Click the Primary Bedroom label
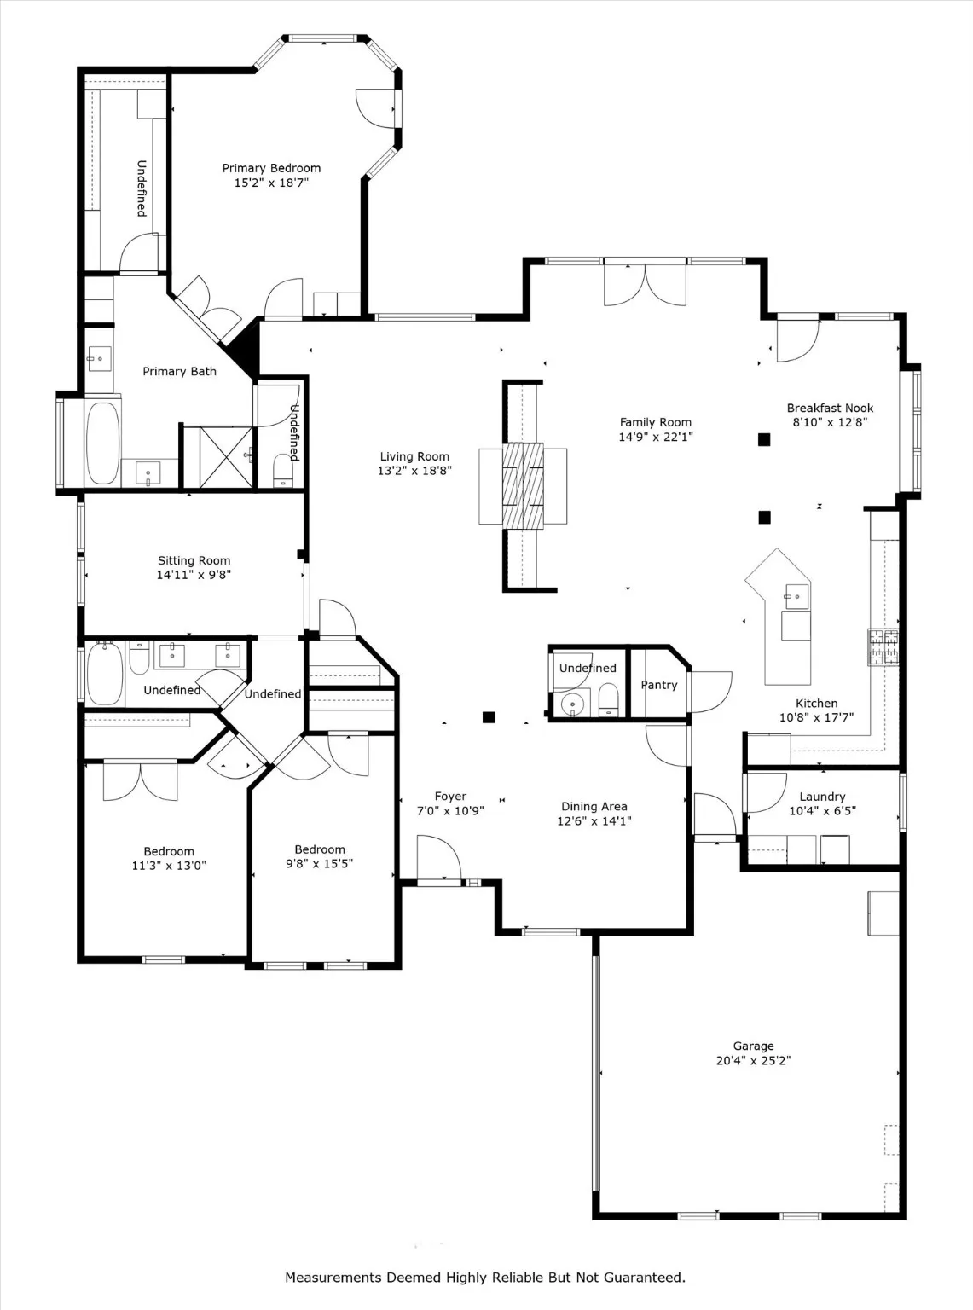tap(271, 168)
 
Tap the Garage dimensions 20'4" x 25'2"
tap(753, 1061)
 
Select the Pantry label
tap(658, 685)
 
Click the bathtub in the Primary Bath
tap(103, 443)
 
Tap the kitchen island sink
tap(796, 596)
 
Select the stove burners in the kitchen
tap(883, 646)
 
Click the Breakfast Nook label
tap(829, 408)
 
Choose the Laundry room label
tap(822, 797)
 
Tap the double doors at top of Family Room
tap(645, 285)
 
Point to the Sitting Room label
tap(194, 560)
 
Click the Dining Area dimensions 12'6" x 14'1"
tap(594, 821)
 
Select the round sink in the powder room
tap(570, 704)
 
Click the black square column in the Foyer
tap(489, 717)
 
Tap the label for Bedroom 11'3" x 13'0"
tap(168, 851)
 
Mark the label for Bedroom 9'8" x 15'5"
tap(320, 849)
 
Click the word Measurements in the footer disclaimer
tap(333, 1278)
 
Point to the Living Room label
tap(414, 456)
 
